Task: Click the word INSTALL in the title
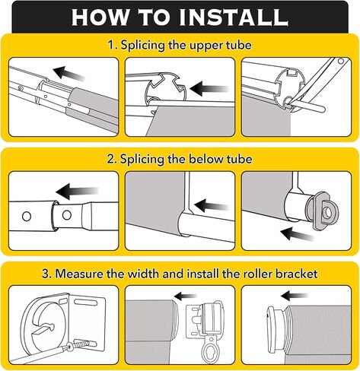click(234, 17)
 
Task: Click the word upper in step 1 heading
click(206, 46)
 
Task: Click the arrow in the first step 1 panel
click(69, 73)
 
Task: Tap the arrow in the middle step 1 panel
click(209, 88)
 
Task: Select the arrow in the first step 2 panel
click(77, 192)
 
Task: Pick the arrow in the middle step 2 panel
click(211, 205)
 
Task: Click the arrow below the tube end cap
click(298, 234)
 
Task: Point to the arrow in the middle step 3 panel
click(185, 296)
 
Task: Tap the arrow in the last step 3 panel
click(295, 296)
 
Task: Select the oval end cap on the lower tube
click(323, 211)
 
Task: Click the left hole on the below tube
click(27, 216)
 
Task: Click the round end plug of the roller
click(276, 330)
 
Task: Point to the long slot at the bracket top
click(86, 302)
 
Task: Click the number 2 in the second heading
click(110, 160)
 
